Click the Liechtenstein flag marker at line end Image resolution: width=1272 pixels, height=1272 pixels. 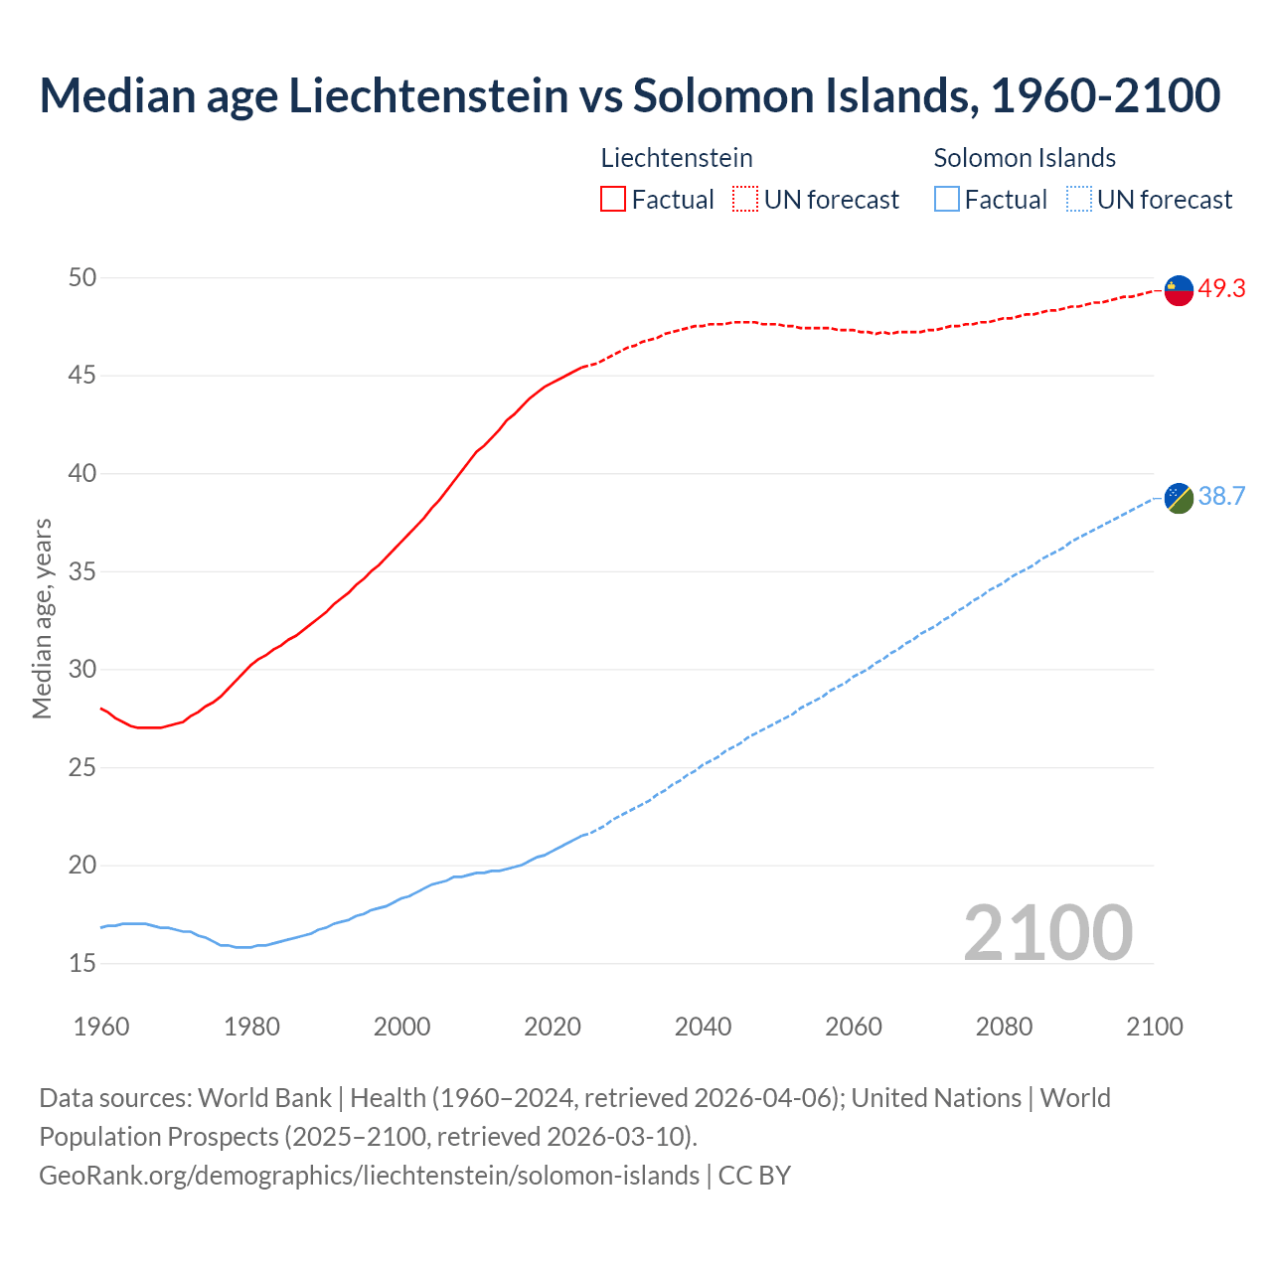1179,290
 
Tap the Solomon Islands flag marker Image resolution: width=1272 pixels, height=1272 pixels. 1179,498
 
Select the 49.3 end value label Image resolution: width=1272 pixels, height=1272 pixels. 1221,289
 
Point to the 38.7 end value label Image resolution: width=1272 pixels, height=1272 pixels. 1221,497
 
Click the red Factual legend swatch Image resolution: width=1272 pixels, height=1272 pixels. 613,200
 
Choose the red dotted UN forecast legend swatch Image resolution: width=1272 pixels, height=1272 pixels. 745,200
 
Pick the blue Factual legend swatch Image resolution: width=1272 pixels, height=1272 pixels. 947,200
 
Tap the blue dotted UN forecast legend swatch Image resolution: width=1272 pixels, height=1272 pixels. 1079,200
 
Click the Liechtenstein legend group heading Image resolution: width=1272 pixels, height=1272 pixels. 677,158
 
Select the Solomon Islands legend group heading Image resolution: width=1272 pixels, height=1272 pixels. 1025,158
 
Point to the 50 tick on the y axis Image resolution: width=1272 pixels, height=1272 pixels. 82,278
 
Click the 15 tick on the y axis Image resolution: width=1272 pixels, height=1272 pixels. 82,963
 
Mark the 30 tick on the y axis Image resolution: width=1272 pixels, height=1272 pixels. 82,670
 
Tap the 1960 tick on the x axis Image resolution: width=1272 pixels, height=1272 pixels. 101,1027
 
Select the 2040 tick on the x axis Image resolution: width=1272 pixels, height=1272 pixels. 703,1027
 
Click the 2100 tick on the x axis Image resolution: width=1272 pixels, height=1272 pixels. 1155,1027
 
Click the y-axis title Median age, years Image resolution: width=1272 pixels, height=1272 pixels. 42,618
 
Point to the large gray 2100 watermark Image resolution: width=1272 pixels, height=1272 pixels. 1048,932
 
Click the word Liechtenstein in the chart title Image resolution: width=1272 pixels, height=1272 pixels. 428,95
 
